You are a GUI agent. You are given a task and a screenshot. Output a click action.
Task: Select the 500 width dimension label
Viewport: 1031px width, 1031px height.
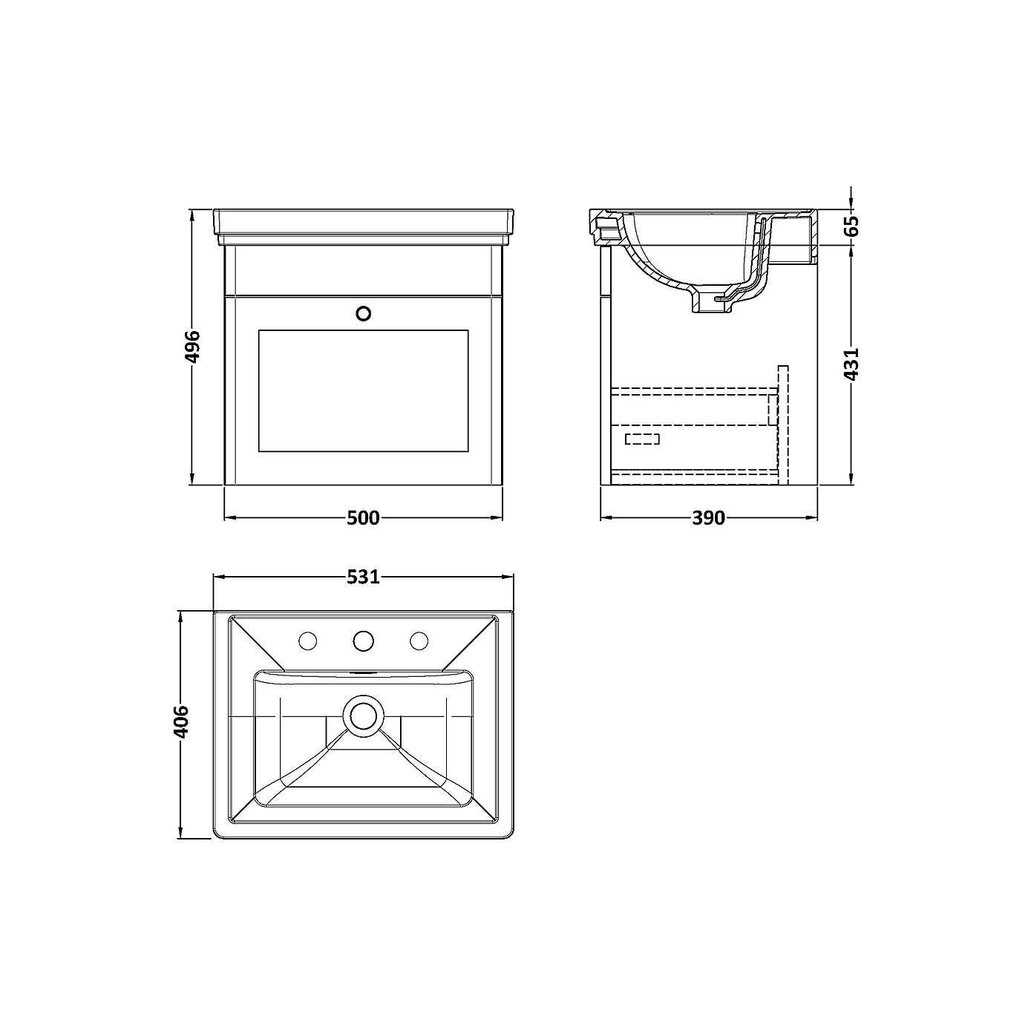(x=363, y=517)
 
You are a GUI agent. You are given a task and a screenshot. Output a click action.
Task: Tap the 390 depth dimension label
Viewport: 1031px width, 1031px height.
(x=708, y=517)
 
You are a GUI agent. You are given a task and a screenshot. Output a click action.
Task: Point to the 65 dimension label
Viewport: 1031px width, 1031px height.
(x=852, y=226)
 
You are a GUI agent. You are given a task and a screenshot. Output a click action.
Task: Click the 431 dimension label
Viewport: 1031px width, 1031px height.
(x=852, y=364)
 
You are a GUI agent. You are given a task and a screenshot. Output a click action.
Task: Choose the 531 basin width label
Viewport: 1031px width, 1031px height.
(x=363, y=576)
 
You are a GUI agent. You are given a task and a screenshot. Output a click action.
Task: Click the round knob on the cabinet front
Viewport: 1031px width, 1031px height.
(x=364, y=313)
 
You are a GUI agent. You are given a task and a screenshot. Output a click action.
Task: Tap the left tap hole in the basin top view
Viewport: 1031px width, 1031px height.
(x=307, y=640)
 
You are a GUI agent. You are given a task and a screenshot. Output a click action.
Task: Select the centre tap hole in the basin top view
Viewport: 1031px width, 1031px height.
(x=363, y=640)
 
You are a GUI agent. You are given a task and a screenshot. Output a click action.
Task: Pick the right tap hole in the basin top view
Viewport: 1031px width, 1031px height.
(x=419, y=640)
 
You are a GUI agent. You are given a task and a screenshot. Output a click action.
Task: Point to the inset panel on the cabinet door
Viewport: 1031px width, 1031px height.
(x=363, y=390)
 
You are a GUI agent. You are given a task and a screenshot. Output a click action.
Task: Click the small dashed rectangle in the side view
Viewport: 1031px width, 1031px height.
(x=642, y=439)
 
